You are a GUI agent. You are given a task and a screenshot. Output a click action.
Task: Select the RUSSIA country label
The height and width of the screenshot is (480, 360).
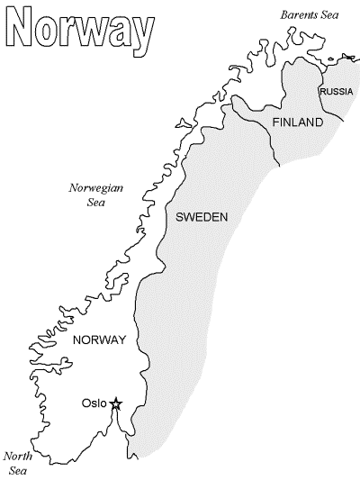click(336, 92)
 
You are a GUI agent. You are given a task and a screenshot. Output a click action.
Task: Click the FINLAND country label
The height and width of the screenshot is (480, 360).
click(296, 122)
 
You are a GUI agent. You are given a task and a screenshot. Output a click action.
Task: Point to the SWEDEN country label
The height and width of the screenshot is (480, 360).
click(202, 217)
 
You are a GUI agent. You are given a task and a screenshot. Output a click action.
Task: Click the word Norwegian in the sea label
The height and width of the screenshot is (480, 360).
click(96, 188)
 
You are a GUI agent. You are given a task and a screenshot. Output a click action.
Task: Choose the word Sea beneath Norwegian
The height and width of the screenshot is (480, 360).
click(96, 203)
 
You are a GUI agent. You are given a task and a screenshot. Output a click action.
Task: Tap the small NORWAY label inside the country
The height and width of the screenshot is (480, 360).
click(98, 340)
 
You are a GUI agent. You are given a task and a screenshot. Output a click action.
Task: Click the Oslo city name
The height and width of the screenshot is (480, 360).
click(94, 403)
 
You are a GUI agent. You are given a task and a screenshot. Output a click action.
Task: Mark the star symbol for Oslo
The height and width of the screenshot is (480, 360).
click(115, 404)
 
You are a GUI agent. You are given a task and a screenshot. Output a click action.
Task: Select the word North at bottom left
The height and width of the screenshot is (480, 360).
click(18, 456)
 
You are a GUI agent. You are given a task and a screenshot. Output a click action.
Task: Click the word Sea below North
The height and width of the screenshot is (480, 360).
click(18, 470)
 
